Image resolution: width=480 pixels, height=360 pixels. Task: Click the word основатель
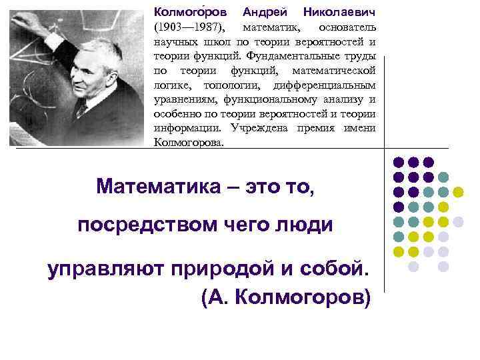347,27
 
